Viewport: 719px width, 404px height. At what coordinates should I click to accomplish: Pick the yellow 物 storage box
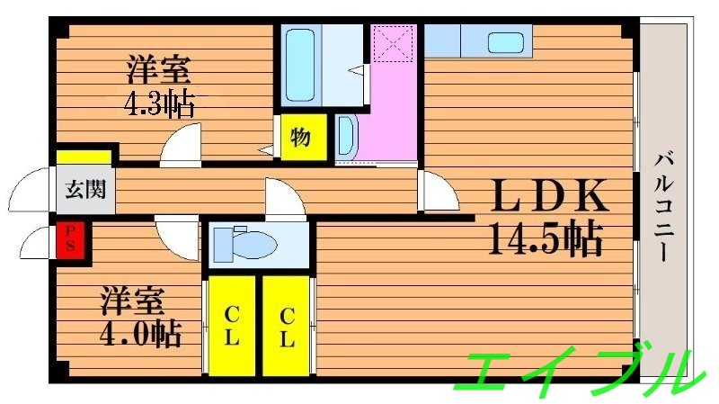(x=300, y=138)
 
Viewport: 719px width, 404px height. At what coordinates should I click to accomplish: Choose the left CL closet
(x=231, y=326)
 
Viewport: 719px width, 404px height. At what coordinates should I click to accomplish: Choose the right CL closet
(x=286, y=326)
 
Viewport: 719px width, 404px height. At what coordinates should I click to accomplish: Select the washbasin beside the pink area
(x=346, y=138)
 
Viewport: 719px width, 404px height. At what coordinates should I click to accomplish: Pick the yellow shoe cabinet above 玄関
(x=84, y=157)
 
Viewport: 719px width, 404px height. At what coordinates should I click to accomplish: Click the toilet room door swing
(x=284, y=199)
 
